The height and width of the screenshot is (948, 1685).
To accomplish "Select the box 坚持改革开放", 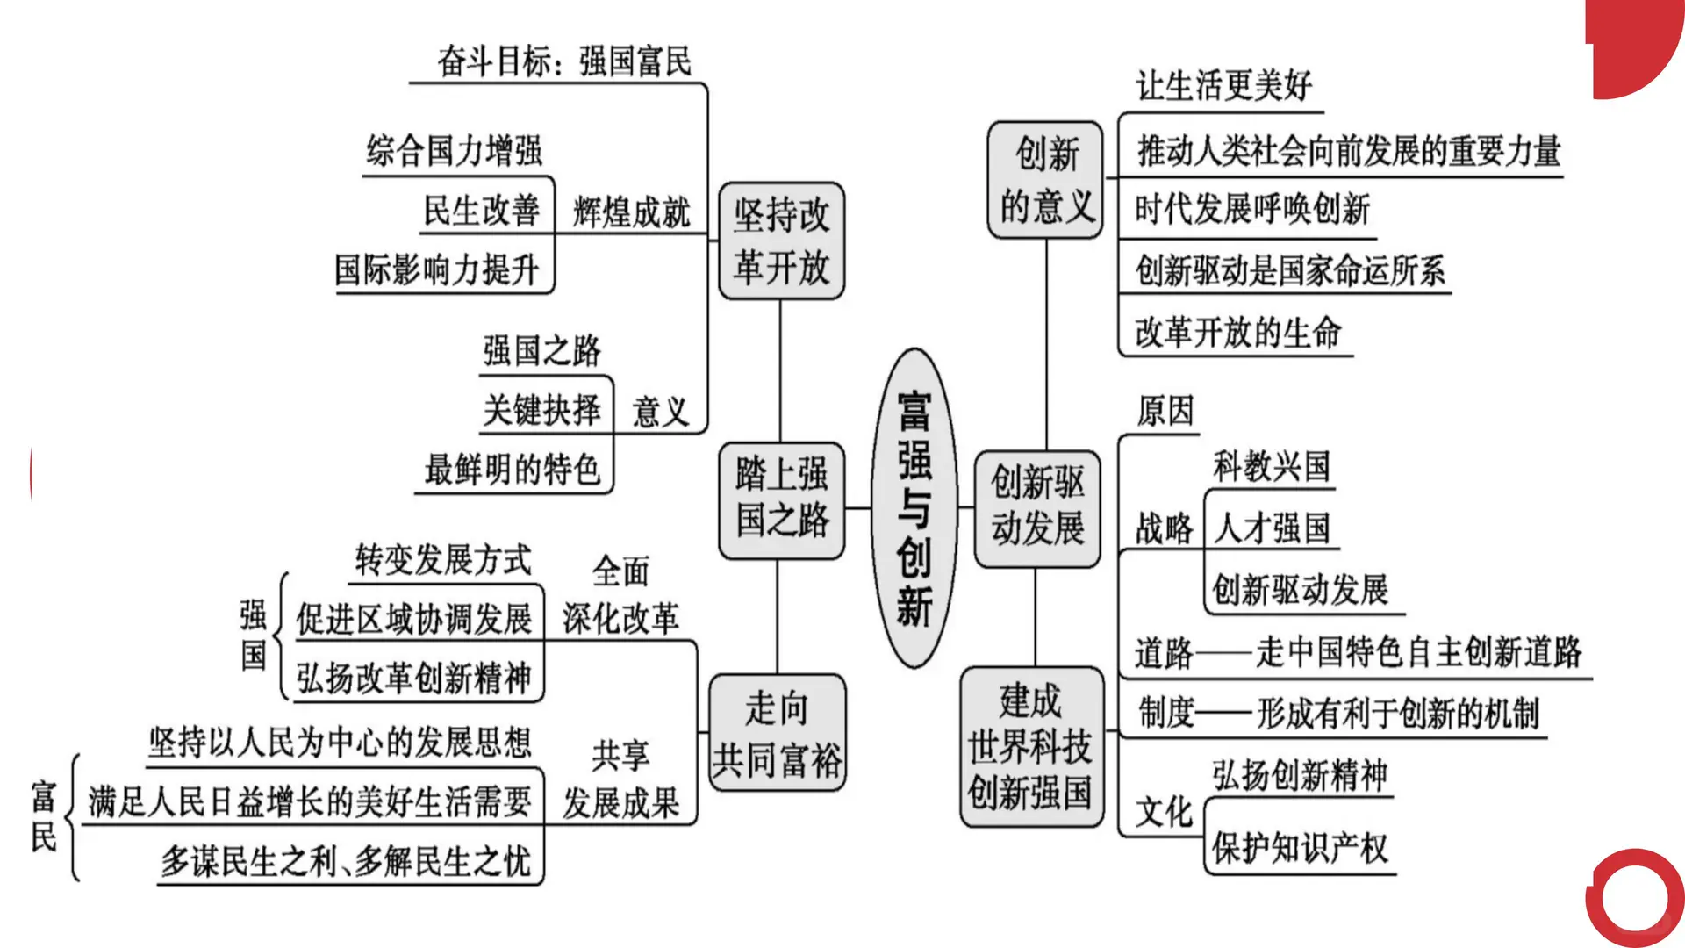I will [781, 241].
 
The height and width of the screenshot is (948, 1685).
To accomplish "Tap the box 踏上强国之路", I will [781, 499].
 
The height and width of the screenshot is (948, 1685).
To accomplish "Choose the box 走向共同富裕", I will [778, 733].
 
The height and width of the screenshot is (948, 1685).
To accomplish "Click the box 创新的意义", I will [1045, 180].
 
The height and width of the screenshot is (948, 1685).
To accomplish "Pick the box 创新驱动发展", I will [1037, 506].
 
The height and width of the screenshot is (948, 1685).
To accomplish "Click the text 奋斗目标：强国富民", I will [564, 61].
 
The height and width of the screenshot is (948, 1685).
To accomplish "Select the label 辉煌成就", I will [631, 212].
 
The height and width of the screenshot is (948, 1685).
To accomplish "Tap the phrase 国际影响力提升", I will [436, 269].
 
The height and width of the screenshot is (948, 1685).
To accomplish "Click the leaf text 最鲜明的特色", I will [512, 470].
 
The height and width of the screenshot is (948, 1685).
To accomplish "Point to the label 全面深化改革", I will [620, 595].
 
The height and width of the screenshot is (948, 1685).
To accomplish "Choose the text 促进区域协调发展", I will [413, 619].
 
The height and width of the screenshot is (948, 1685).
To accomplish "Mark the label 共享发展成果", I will [620, 779].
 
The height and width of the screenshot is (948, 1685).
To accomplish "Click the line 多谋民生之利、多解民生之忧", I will [345, 861].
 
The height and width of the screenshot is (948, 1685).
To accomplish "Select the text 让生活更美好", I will [1223, 86].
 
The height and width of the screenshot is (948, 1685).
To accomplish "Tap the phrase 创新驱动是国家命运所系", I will [1289, 270].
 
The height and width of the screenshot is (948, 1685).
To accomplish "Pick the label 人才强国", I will [1272, 528].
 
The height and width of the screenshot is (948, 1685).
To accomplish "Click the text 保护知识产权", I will [1300, 848].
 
